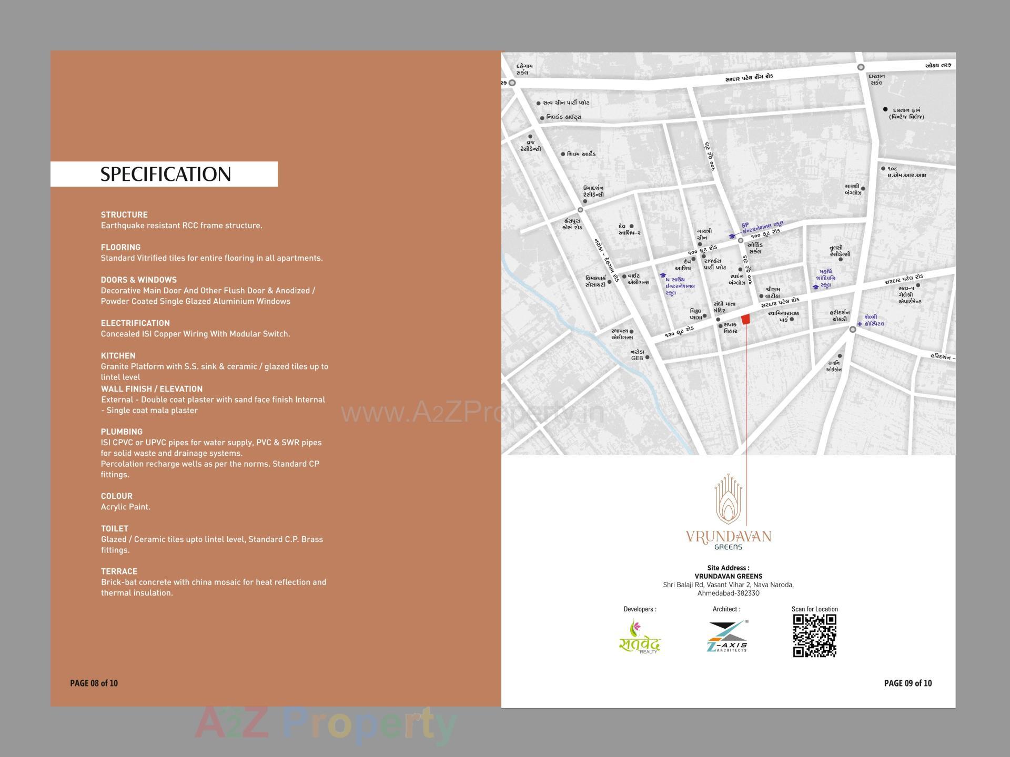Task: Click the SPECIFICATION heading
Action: (x=165, y=175)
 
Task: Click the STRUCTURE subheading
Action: (x=124, y=214)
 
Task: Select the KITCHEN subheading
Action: (x=118, y=356)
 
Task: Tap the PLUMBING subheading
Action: (x=122, y=432)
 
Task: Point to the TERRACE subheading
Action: (x=119, y=571)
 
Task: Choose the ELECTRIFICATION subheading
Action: (x=135, y=323)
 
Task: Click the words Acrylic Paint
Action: (x=126, y=507)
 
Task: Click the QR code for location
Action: (x=814, y=636)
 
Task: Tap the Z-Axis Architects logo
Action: (x=728, y=636)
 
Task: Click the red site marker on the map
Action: (x=745, y=319)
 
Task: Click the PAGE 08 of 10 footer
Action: (x=94, y=683)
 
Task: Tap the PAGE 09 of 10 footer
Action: (x=907, y=683)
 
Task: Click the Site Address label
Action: (x=728, y=568)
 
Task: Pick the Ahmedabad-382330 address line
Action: (x=728, y=594)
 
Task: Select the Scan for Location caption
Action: (x=814, y=609)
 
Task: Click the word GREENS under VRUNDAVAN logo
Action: (x=729, y=547)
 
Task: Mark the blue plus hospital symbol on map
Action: (x=860, y=324)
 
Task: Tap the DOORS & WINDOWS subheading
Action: (x=138, y=280)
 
